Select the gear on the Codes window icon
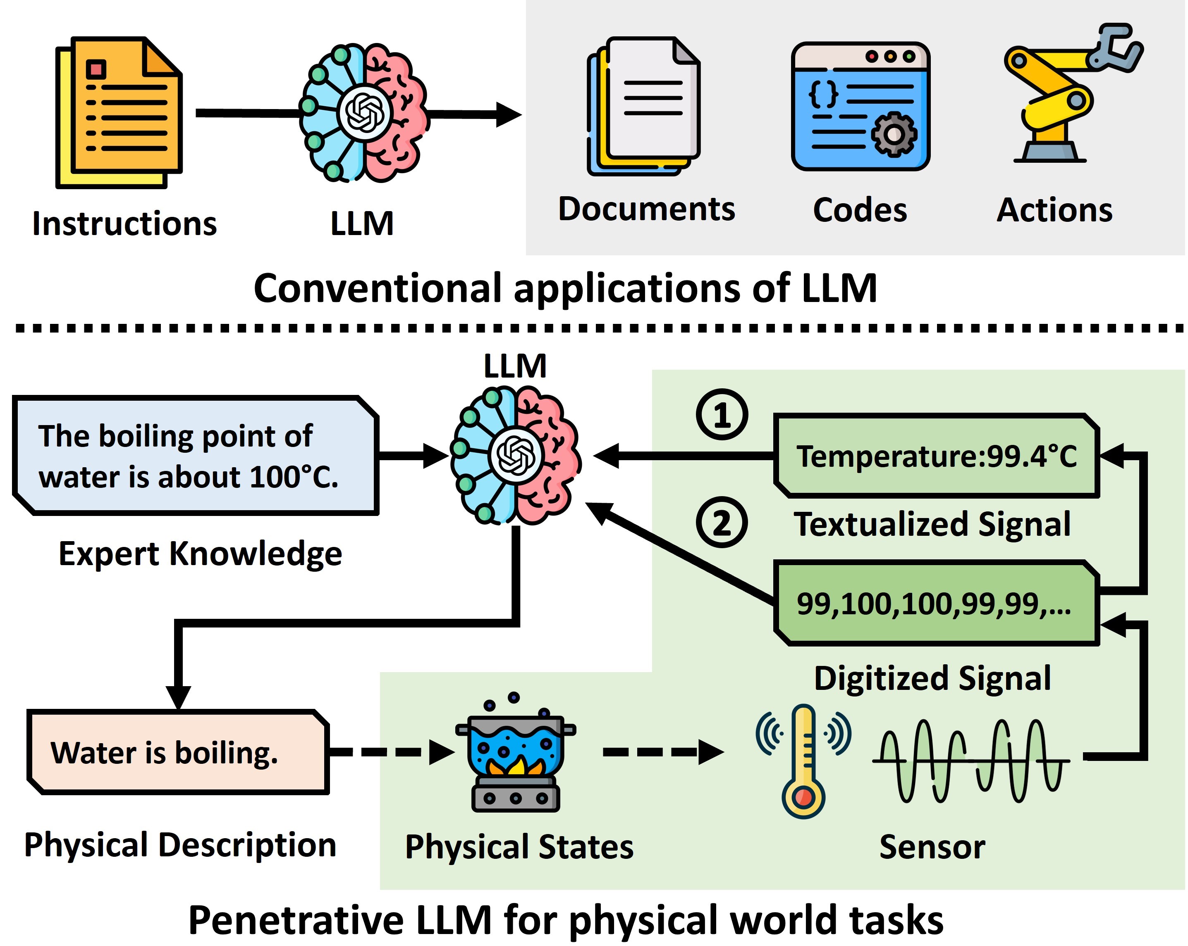pyautogui.click(x=894, y=134)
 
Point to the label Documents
pyautogui.click(x=646, y=209)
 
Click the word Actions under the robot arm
pyautogui.click(x=1054, y=210)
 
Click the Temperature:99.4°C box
pyautogui.click(x=936, y=456)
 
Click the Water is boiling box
pyautogui.click(x=177, y=752)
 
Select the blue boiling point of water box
pyautogui.click(x=195, y=455)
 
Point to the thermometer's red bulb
pyautogui.click(x=803, y=797)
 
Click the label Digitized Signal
pyautogui.click(x=932, y=678)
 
